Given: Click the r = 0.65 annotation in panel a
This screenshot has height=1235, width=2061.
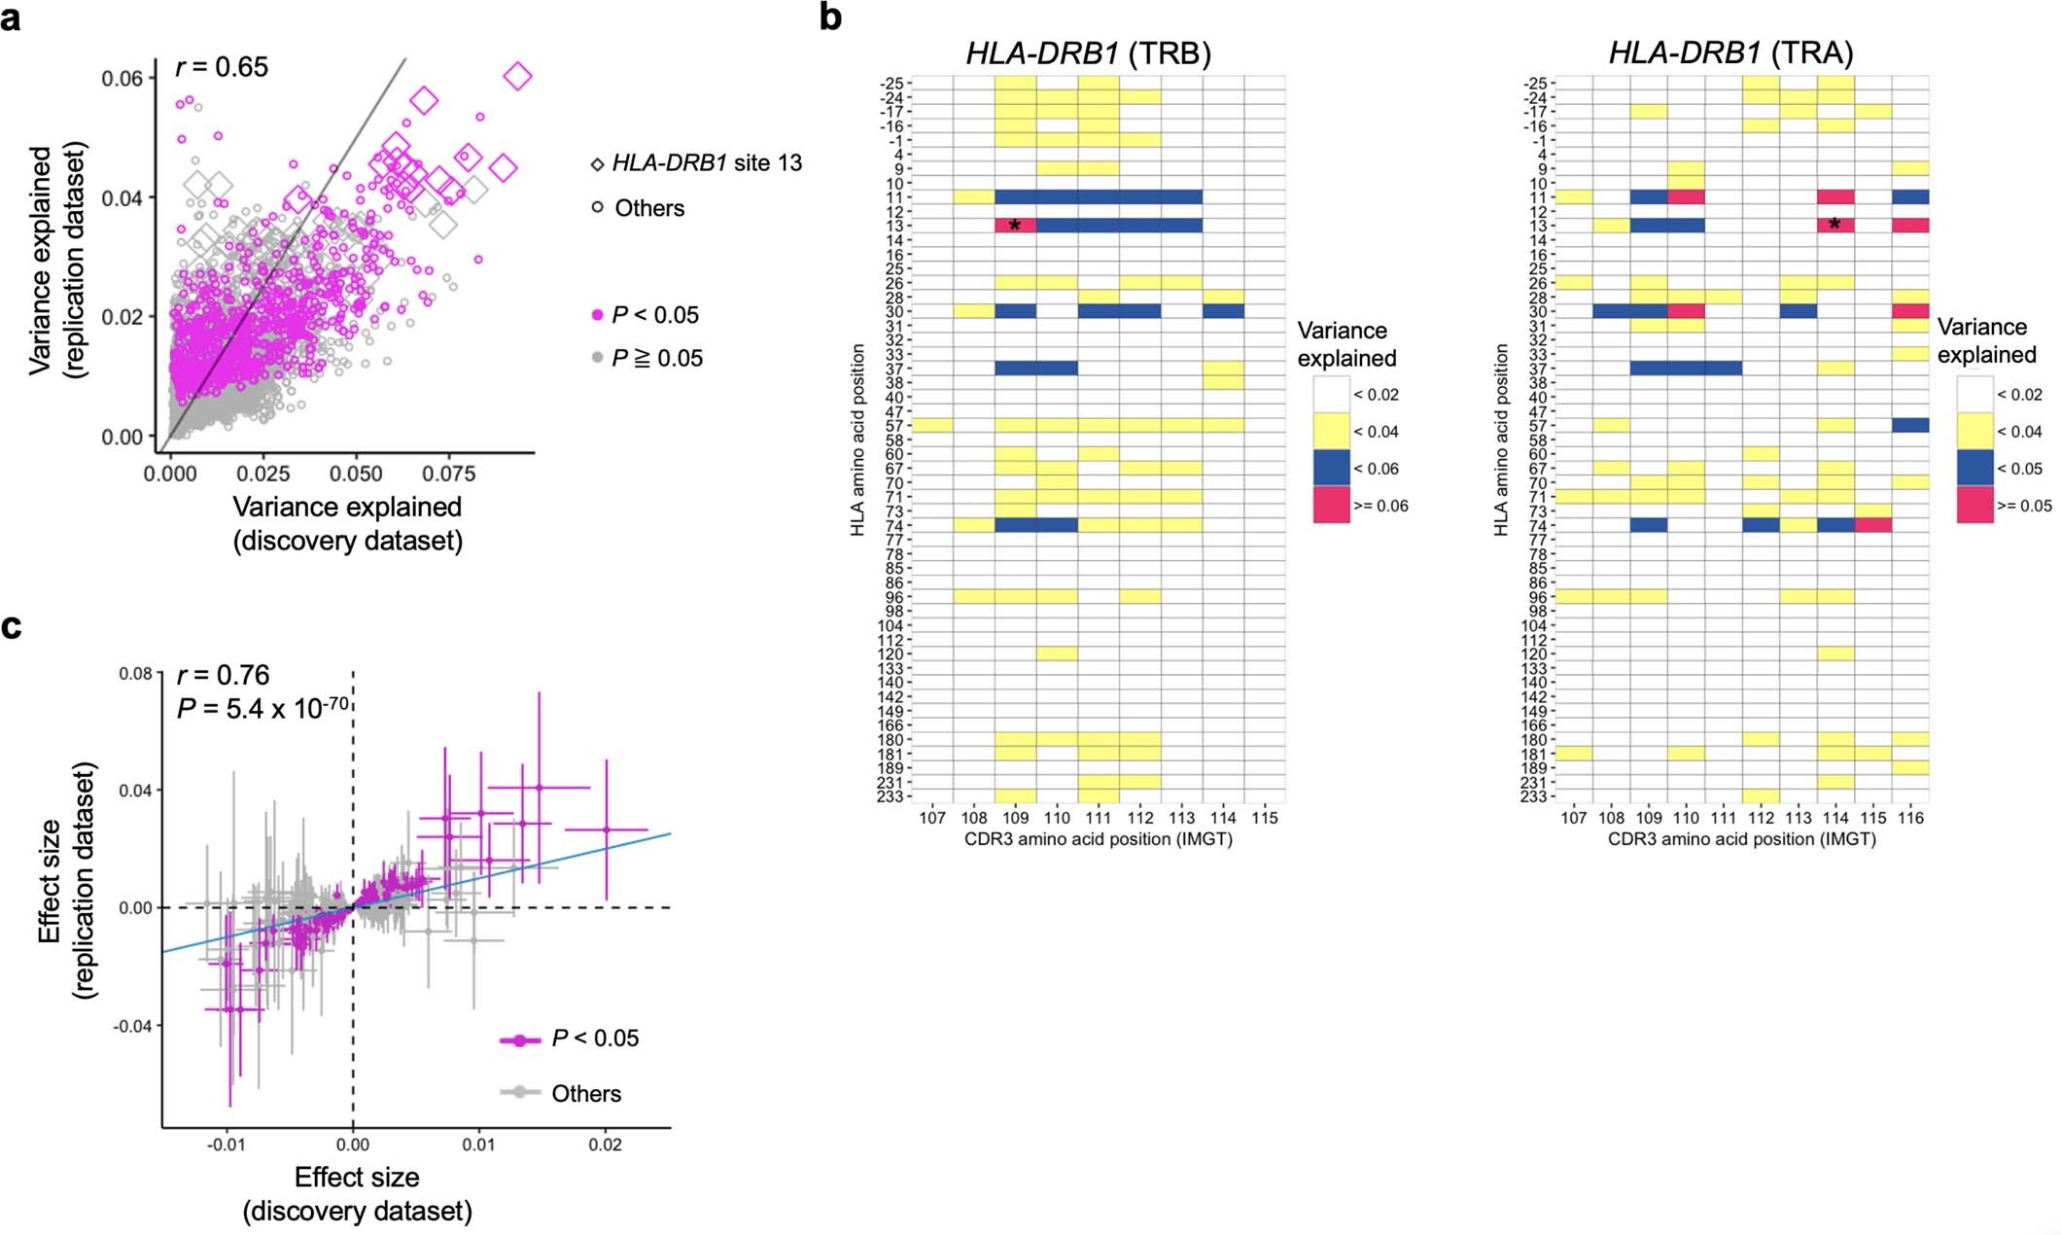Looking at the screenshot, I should [x=222, y=66].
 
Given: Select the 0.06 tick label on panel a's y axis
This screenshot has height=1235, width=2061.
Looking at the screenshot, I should [x=122, y=78].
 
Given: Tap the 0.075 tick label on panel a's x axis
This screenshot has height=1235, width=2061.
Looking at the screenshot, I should [x=448, y=474].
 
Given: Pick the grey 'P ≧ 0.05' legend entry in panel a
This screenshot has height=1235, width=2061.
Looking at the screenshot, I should [x=646, y=358].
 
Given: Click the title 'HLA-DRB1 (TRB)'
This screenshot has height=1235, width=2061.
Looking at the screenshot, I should [x=1088, y=53].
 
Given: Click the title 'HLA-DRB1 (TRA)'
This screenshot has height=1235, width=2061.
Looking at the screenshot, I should [x=1730, y=53].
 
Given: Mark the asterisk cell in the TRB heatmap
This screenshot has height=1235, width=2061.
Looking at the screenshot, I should [x=1015, y=226].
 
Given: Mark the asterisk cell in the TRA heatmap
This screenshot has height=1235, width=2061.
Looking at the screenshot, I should [x=1834, y=225].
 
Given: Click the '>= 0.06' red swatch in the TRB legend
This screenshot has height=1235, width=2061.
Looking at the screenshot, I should [x=1331, y=505].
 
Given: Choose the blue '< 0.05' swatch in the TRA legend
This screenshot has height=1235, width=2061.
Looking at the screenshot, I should [x=1974, y=468].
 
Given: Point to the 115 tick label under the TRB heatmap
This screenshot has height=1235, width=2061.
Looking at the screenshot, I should [x=1264, y=818].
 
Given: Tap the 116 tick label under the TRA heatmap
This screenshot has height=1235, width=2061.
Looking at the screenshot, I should [x=1910, y=818].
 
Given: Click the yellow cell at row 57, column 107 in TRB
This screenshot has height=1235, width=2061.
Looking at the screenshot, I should [x=931, y=425].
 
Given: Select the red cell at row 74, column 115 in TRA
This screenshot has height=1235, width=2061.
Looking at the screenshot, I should [x=1872, y=525].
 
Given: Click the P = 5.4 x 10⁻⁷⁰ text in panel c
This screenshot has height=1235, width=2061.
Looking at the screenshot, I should [x=262, y=708].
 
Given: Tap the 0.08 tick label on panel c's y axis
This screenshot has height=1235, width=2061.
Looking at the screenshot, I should [x=135, y=673].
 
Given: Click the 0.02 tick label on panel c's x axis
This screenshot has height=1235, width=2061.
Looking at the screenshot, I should [x=605, y=1145].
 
